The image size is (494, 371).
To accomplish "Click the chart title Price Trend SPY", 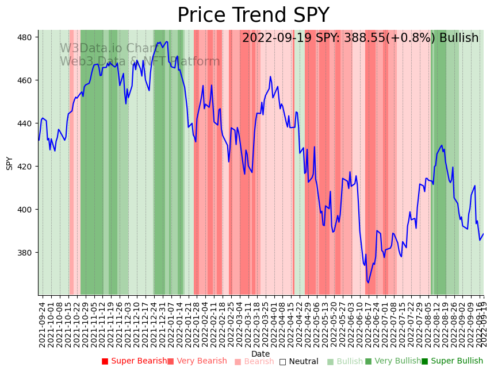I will (253, 16).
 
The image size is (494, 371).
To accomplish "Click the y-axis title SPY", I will (9, 163).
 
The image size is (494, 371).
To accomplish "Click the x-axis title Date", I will (261, 354).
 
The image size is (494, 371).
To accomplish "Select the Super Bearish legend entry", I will (134, 361).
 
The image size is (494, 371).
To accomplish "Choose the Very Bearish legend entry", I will (197, 361).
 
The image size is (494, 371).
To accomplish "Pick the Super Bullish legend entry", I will (452, 361).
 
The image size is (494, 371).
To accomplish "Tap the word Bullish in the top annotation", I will (459, 38).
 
